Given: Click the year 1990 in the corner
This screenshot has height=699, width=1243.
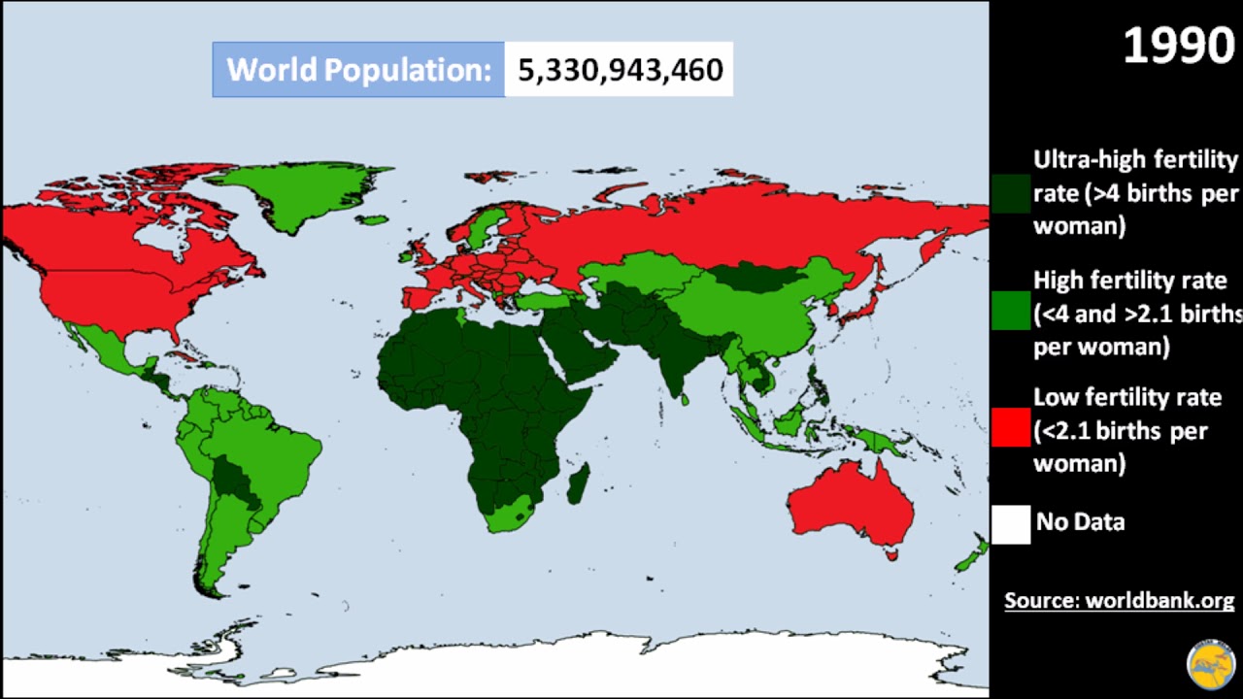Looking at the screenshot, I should pos(1179,45).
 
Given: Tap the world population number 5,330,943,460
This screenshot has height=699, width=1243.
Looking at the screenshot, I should pos(620,70).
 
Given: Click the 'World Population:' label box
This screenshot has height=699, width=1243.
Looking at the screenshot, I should pos(358,70).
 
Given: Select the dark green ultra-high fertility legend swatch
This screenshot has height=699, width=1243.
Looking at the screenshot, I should pos(1010,193).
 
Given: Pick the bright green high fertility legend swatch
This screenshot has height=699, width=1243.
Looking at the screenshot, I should pos(1010,312).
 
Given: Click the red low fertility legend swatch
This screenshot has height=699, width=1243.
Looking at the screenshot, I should pos(1010,428).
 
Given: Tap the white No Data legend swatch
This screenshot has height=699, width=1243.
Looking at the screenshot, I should pos(1010,523).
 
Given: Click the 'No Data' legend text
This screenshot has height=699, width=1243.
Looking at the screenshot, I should pos(1080,522).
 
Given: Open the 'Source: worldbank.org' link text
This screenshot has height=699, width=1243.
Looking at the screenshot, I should pos(1119,600).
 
